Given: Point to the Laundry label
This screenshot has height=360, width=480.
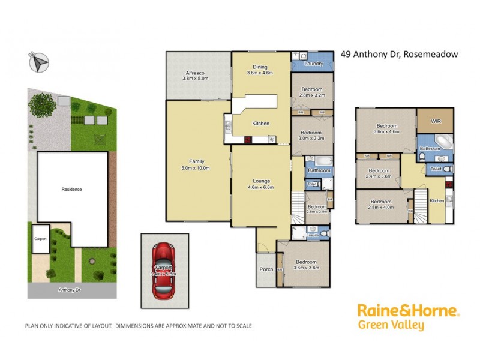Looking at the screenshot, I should pos(314,64).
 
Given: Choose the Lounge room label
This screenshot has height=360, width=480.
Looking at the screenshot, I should pos(261,181).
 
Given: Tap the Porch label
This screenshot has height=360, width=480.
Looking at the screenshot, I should pos(266,269).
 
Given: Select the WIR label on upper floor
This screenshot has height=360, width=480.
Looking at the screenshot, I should pos(436,121).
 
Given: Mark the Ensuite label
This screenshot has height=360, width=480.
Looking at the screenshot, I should pos(313,235).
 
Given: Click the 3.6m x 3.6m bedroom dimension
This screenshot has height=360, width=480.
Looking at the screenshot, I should pos(306,268).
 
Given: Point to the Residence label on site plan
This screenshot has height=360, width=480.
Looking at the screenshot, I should pos(71,189).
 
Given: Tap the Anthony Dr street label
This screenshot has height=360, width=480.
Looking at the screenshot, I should pos(70,290).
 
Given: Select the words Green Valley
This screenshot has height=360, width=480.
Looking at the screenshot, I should pos(391,326).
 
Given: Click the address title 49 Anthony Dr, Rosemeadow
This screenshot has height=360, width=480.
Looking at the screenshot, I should pos(399,54).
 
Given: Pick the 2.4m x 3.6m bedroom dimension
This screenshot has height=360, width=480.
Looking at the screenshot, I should pos(379,176).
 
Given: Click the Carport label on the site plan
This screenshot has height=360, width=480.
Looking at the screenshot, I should pos(40,238).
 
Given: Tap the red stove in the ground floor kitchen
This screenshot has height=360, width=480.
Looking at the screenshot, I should pos(247,140).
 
